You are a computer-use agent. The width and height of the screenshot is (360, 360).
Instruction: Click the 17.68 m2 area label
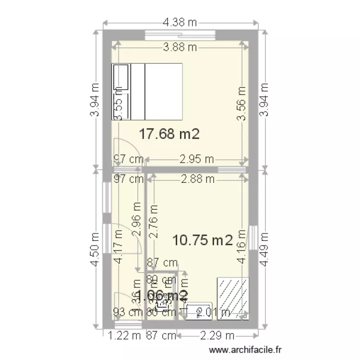point(169,134)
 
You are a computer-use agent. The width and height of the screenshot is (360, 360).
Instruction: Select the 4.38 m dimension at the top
point(180,22)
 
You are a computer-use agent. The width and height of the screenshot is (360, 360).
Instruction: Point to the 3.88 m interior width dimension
point(180,47)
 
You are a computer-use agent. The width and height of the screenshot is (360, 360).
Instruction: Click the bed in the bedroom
point(148,91)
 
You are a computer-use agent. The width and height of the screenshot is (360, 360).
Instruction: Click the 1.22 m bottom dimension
point(118,336)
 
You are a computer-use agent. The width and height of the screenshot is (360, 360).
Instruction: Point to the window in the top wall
point(180,35)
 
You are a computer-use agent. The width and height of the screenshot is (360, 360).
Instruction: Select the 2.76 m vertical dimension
point(154,221)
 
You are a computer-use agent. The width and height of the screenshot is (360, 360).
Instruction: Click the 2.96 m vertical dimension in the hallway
point(137,218)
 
